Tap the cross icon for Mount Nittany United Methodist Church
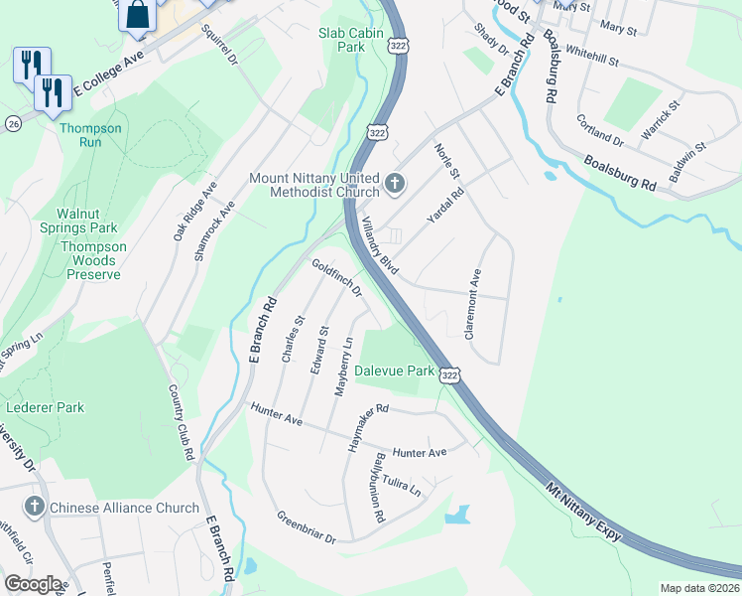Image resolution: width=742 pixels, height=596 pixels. pos(395,183)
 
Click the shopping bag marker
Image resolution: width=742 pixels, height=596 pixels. pos(140,15)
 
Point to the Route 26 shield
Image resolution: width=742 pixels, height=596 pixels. pos(13,123)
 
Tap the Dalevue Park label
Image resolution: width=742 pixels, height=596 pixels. pos(395,371)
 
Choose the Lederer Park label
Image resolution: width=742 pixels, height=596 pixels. pos(45,407)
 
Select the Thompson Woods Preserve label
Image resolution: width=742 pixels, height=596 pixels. pos(93,260)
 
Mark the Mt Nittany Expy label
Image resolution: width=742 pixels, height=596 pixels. pos(583,514)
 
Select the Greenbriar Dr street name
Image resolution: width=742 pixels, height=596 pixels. pos(307,527)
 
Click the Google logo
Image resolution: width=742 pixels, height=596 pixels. pos(33,584)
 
